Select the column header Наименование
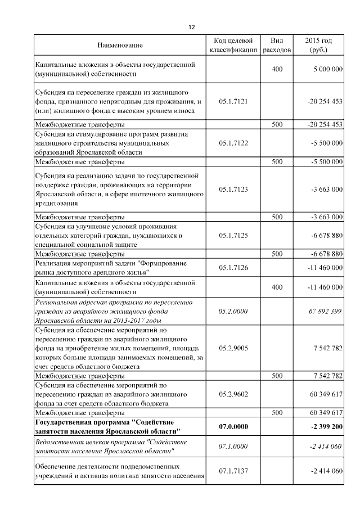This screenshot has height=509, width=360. click(x=120, y=44)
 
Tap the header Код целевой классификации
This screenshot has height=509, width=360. click(x=233, y=45)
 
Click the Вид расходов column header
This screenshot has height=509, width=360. click(x=277, y=45)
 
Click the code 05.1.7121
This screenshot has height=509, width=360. click(x=233, y=102)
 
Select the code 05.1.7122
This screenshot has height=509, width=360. click(x=233, y=143)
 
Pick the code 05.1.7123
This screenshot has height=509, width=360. click(x=233, y=190)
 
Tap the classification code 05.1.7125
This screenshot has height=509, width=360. click(x=233, y=235)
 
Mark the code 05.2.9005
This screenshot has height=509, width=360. click(x=233, y=348)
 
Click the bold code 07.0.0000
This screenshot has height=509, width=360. click(x=233, y=426)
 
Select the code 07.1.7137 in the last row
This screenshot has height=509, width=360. click(x=233, y=471)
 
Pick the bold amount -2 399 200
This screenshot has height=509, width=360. click(x=325, y=426)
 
